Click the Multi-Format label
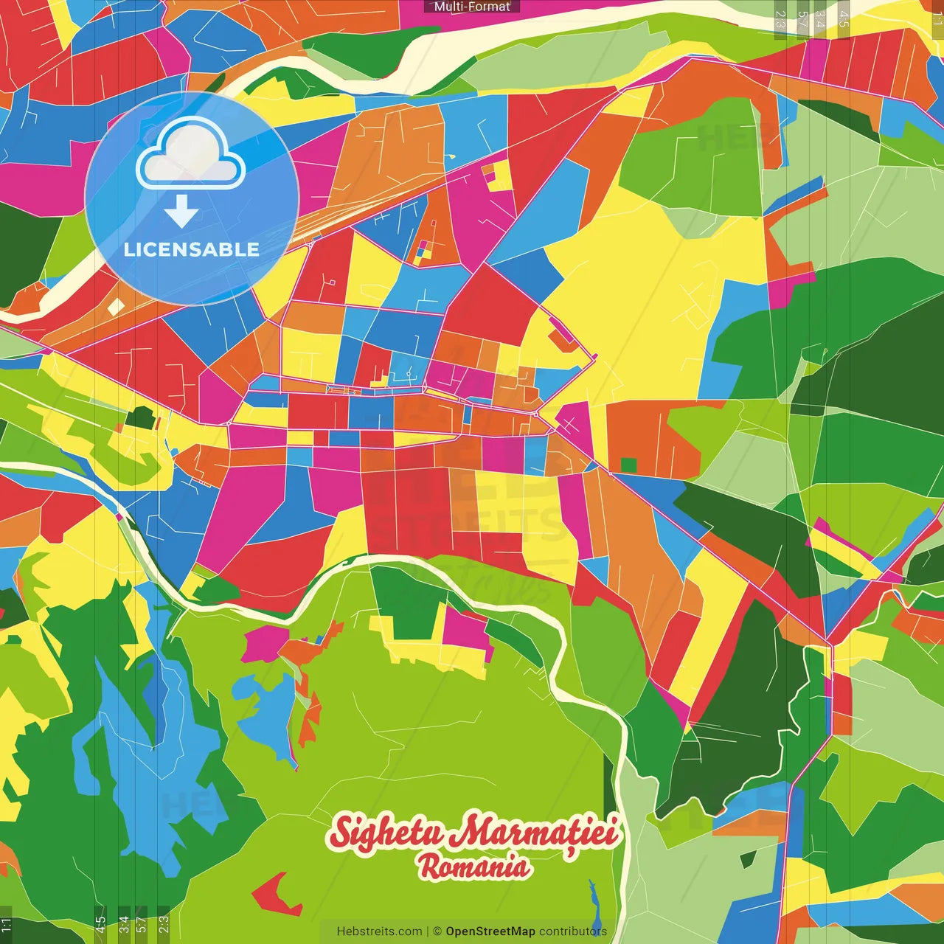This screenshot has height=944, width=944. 472,7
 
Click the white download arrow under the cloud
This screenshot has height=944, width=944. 181,211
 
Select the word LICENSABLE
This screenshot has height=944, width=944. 192,249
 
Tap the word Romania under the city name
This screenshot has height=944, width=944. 473,867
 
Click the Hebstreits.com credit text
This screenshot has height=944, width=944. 379,931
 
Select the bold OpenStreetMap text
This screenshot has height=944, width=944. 490,931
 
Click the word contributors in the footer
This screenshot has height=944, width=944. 573,931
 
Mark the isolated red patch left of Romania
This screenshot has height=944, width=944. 275,892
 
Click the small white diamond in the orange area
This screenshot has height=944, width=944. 116,307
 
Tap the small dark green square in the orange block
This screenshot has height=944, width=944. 628,465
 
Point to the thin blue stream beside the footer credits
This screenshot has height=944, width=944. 594,903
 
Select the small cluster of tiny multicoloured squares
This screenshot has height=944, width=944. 423,251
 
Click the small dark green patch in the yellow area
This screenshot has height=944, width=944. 139,418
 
